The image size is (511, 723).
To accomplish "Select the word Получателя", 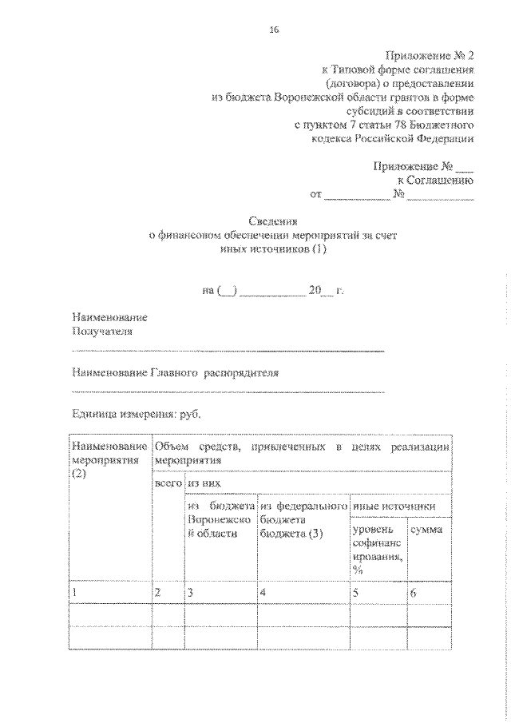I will tap(101, 331).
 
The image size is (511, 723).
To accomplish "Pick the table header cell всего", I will tap(168, 483).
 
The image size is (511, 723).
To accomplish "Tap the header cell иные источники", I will tap(393, 506).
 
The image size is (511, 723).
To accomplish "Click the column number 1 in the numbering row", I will tap(74, 593).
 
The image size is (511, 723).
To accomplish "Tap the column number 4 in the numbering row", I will tap(262, 593).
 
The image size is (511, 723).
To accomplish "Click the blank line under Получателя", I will tap(228, 351).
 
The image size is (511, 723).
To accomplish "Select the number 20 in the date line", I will tap(314, 292).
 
